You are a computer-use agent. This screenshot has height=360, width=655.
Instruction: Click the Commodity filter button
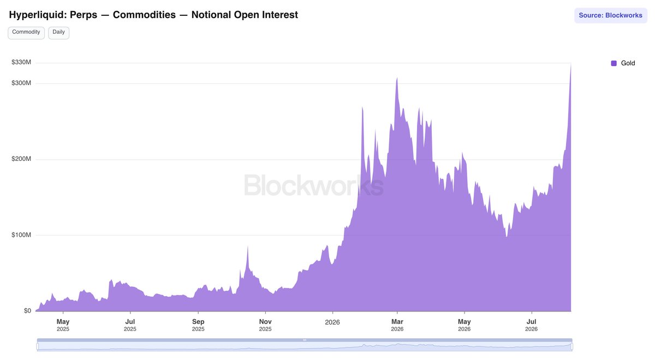26,32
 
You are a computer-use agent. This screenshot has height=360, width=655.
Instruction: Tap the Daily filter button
58,32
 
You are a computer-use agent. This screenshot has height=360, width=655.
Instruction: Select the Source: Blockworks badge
610,15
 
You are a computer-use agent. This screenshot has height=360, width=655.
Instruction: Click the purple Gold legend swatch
614,63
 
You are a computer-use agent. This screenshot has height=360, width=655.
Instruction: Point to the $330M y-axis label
21,62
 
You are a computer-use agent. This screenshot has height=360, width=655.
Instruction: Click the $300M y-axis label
21,83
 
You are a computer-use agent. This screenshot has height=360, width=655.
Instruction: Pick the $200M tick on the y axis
21,159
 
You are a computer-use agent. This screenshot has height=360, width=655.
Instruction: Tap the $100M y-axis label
21,235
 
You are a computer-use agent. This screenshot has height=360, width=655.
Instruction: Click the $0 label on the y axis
27,310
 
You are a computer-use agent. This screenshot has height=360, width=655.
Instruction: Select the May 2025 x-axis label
63,325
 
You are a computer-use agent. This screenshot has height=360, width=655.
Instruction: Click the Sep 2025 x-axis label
198,325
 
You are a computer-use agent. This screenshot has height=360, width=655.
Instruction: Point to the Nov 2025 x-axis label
265,325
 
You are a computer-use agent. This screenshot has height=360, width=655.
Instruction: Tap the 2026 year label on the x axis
332,322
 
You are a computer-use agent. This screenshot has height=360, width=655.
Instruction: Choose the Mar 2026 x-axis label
397,325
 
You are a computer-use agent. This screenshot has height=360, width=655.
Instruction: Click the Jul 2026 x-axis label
531,325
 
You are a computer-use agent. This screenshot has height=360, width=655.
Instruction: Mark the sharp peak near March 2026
397,77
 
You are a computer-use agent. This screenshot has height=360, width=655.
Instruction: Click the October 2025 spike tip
248,246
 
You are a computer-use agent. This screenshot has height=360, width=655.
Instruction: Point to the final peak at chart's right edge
571,64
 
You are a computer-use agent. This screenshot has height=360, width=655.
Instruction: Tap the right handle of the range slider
571,346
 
